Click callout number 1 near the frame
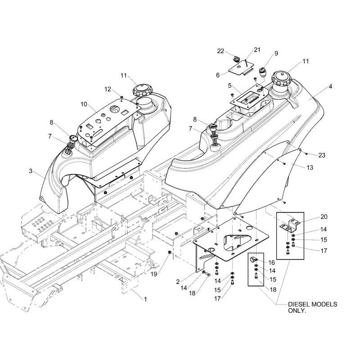(x=145, y=299)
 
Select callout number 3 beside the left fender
(x=31, y=171)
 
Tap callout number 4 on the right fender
(x=331, y=86)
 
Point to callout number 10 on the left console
(x=84, y=104)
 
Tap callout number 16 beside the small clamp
(x=271, y=262)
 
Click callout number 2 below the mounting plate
(x=178, y=282)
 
